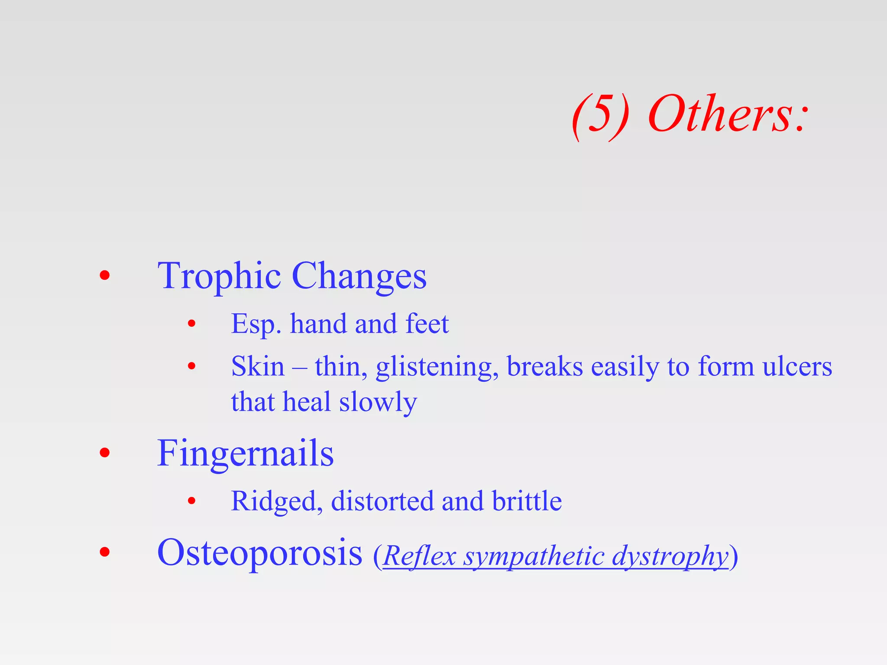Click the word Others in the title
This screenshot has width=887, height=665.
tap(728, 114)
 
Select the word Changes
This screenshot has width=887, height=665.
tap(359, 277)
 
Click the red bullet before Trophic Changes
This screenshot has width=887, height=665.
tap(104, 275)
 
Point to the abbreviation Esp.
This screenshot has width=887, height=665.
tap(256, 324)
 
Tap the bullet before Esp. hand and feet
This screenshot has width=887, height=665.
tap(192, 323)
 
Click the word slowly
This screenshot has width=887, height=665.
tap(378, 403)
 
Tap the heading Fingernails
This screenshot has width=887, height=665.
tap(245, 454)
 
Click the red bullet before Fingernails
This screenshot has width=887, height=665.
tap(104, 453)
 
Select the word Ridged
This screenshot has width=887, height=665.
tap(277, 502)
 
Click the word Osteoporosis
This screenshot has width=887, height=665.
tap(259, 553)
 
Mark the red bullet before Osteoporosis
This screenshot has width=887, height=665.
tap(104, 552)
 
